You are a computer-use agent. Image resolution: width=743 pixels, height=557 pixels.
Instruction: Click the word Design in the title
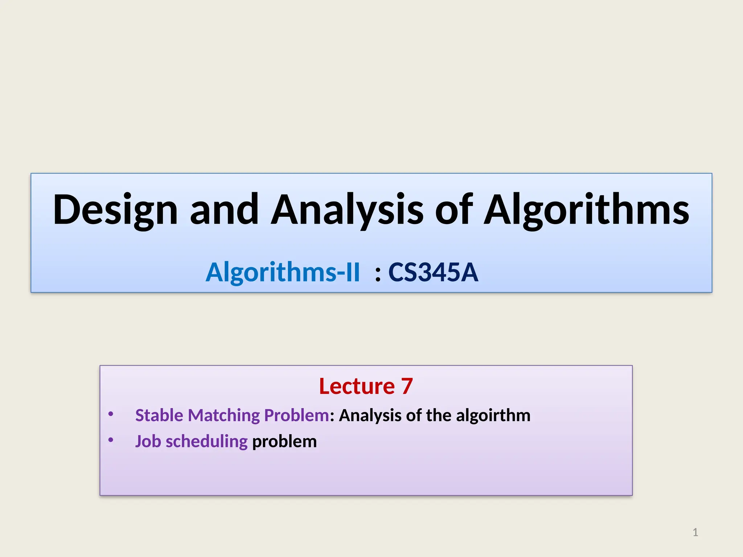115,210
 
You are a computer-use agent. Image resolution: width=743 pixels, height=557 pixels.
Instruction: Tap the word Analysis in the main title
347,210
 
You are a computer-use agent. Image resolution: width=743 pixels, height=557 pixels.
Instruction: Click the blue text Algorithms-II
283,272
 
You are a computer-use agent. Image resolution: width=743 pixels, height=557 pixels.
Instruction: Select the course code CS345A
433,272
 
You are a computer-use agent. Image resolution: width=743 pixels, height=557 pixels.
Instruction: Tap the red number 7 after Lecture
407,386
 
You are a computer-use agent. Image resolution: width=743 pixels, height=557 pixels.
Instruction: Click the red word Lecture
357,386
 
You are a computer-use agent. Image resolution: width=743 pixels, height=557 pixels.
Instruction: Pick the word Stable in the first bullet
159,415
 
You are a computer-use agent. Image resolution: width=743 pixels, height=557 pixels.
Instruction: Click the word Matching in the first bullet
223,416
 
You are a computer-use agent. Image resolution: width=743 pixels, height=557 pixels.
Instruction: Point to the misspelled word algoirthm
493,415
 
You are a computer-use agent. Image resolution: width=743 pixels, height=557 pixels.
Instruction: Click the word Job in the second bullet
148,442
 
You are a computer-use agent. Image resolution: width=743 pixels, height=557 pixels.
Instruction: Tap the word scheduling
206,442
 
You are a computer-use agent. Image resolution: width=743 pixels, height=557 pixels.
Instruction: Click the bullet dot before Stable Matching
111,414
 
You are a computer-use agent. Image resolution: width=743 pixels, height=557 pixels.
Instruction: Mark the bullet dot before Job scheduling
111,440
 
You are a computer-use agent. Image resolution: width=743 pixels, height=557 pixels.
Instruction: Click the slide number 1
695,532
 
